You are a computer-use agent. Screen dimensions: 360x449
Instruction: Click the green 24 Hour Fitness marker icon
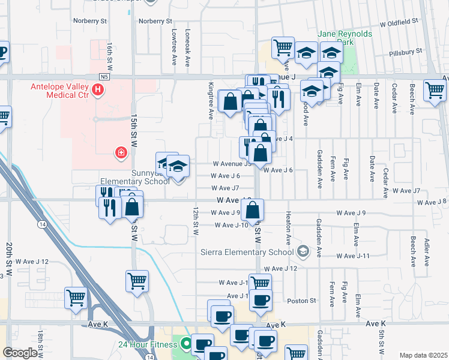pyautogui.click(x=186, y=344)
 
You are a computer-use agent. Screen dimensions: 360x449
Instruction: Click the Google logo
pyautogui.click(x=20, y=353)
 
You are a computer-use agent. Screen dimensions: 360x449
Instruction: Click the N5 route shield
pyautogui.click(x=105, y=77)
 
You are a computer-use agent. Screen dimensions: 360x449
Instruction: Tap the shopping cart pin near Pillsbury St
pyautogui.click(x=283, y=47)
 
